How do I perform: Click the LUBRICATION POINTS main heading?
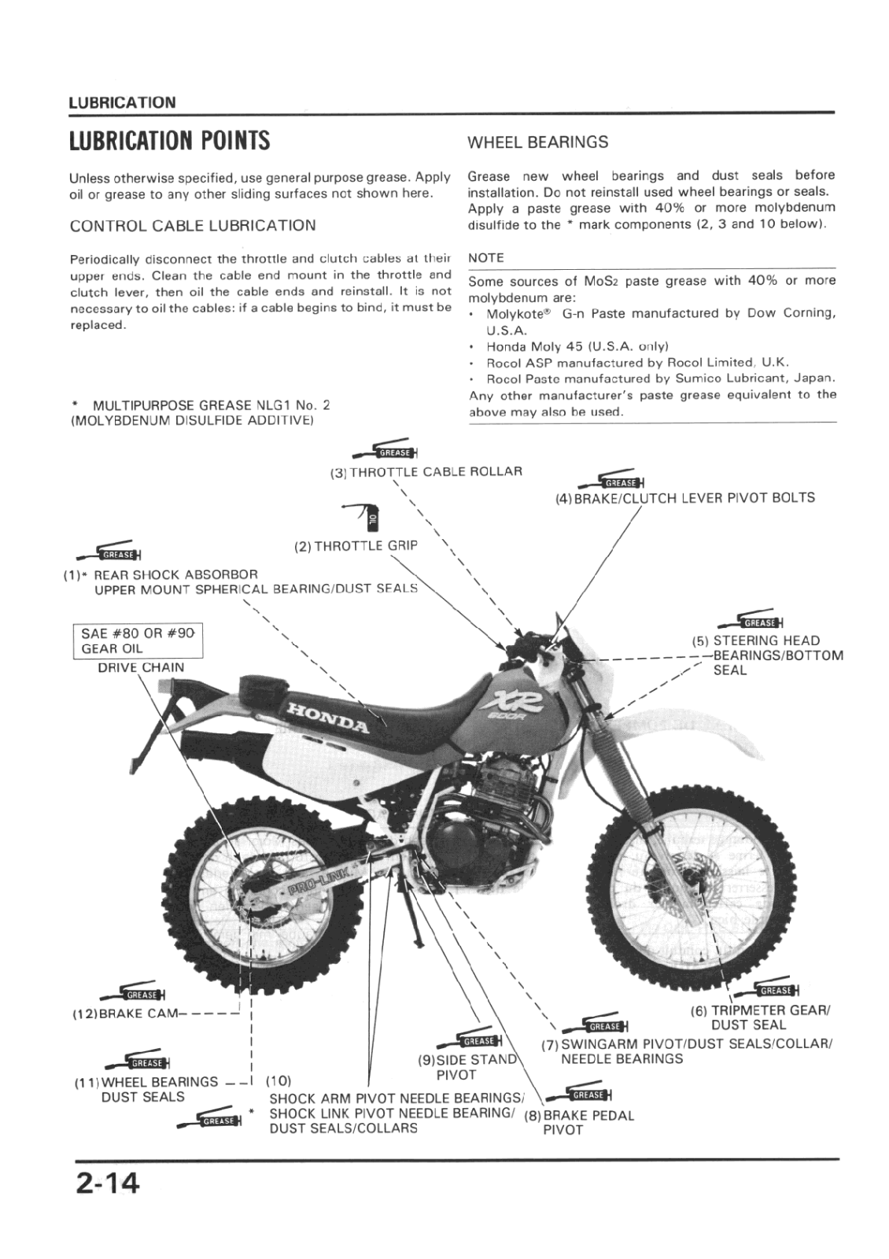click(x=169, y=141)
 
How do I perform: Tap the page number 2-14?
click(x=107, y=1183)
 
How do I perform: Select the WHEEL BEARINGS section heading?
click(x=537, y=142)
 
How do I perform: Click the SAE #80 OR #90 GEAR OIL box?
click(x=138, y=641)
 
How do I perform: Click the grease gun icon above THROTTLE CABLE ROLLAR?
click(x=385, y=450)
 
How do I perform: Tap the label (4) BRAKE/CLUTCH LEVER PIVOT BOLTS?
click(x=684, y=497)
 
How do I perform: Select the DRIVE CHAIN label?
click(x=141, y=667)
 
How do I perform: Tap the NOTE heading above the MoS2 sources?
click(x=485, y=258)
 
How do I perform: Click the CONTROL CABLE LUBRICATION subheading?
click(x=193, y=226)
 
